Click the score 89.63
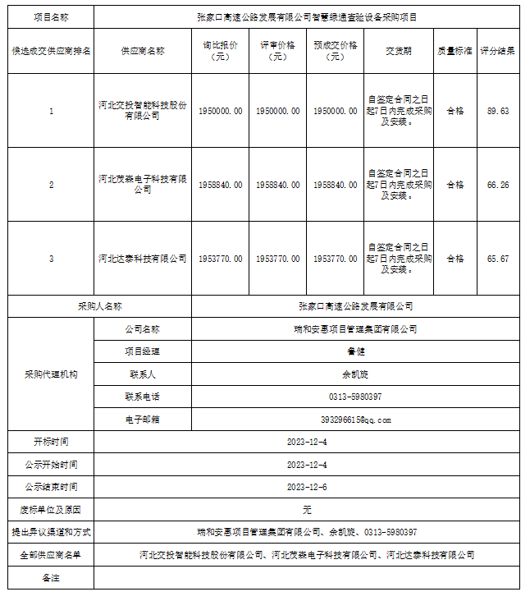pyautogui.click(x=497, y=111)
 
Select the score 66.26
pyautogui.click(x=497, y=185)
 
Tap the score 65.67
pyautogui.click(x=497, y=259)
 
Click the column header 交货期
pyautogui.click(x=398, y=51)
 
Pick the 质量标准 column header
pyautogui.click(x=455, y=51)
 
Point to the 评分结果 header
pyautogui.click(x=497, y=51)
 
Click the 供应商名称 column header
pyautogui.click(x=143, y=51)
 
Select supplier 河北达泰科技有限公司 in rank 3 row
pyautogui.click(x=143, y=259)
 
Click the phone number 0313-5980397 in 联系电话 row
pyautogui.click(x=355, y=397)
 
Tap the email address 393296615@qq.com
pyautogui.click(x=355, y=420)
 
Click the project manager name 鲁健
pyautogui.click(x=355, y=351)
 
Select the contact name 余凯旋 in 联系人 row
pyautogui.click(x=355, y=374)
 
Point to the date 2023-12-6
pyautogui.click(x=307, y=487)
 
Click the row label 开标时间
pyautogui.click(x=52, y=442)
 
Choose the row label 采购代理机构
pyautogui.click(x=52, y=374)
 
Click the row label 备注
pyautogui.click(x=52, y=578)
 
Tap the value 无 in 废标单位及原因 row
pyautogui.click(x=307, y=510)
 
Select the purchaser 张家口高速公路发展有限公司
pyautogui.click(x=355, y=306)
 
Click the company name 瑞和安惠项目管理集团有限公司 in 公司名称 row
pyautogui.click(x=355, y=329)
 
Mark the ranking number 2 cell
pyautogui.click(x=52, y=185)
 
